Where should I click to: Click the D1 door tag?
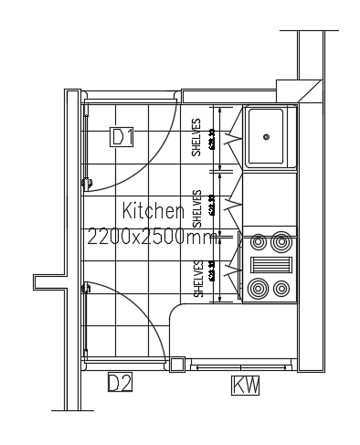(122, 137)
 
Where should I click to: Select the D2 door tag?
(121, 383)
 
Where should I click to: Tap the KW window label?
(246, 387)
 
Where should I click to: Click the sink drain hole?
(267, 137)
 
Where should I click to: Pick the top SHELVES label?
(196, 137)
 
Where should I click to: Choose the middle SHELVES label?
(196, 208)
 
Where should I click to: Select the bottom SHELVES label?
(196, 278)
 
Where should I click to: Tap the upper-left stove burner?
(259, 243)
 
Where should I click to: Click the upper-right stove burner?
(281, 243)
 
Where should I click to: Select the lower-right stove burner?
(281, 290)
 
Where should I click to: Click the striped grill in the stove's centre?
(270, 266)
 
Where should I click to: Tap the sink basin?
(268, 137)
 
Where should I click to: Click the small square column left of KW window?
(178, 363)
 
